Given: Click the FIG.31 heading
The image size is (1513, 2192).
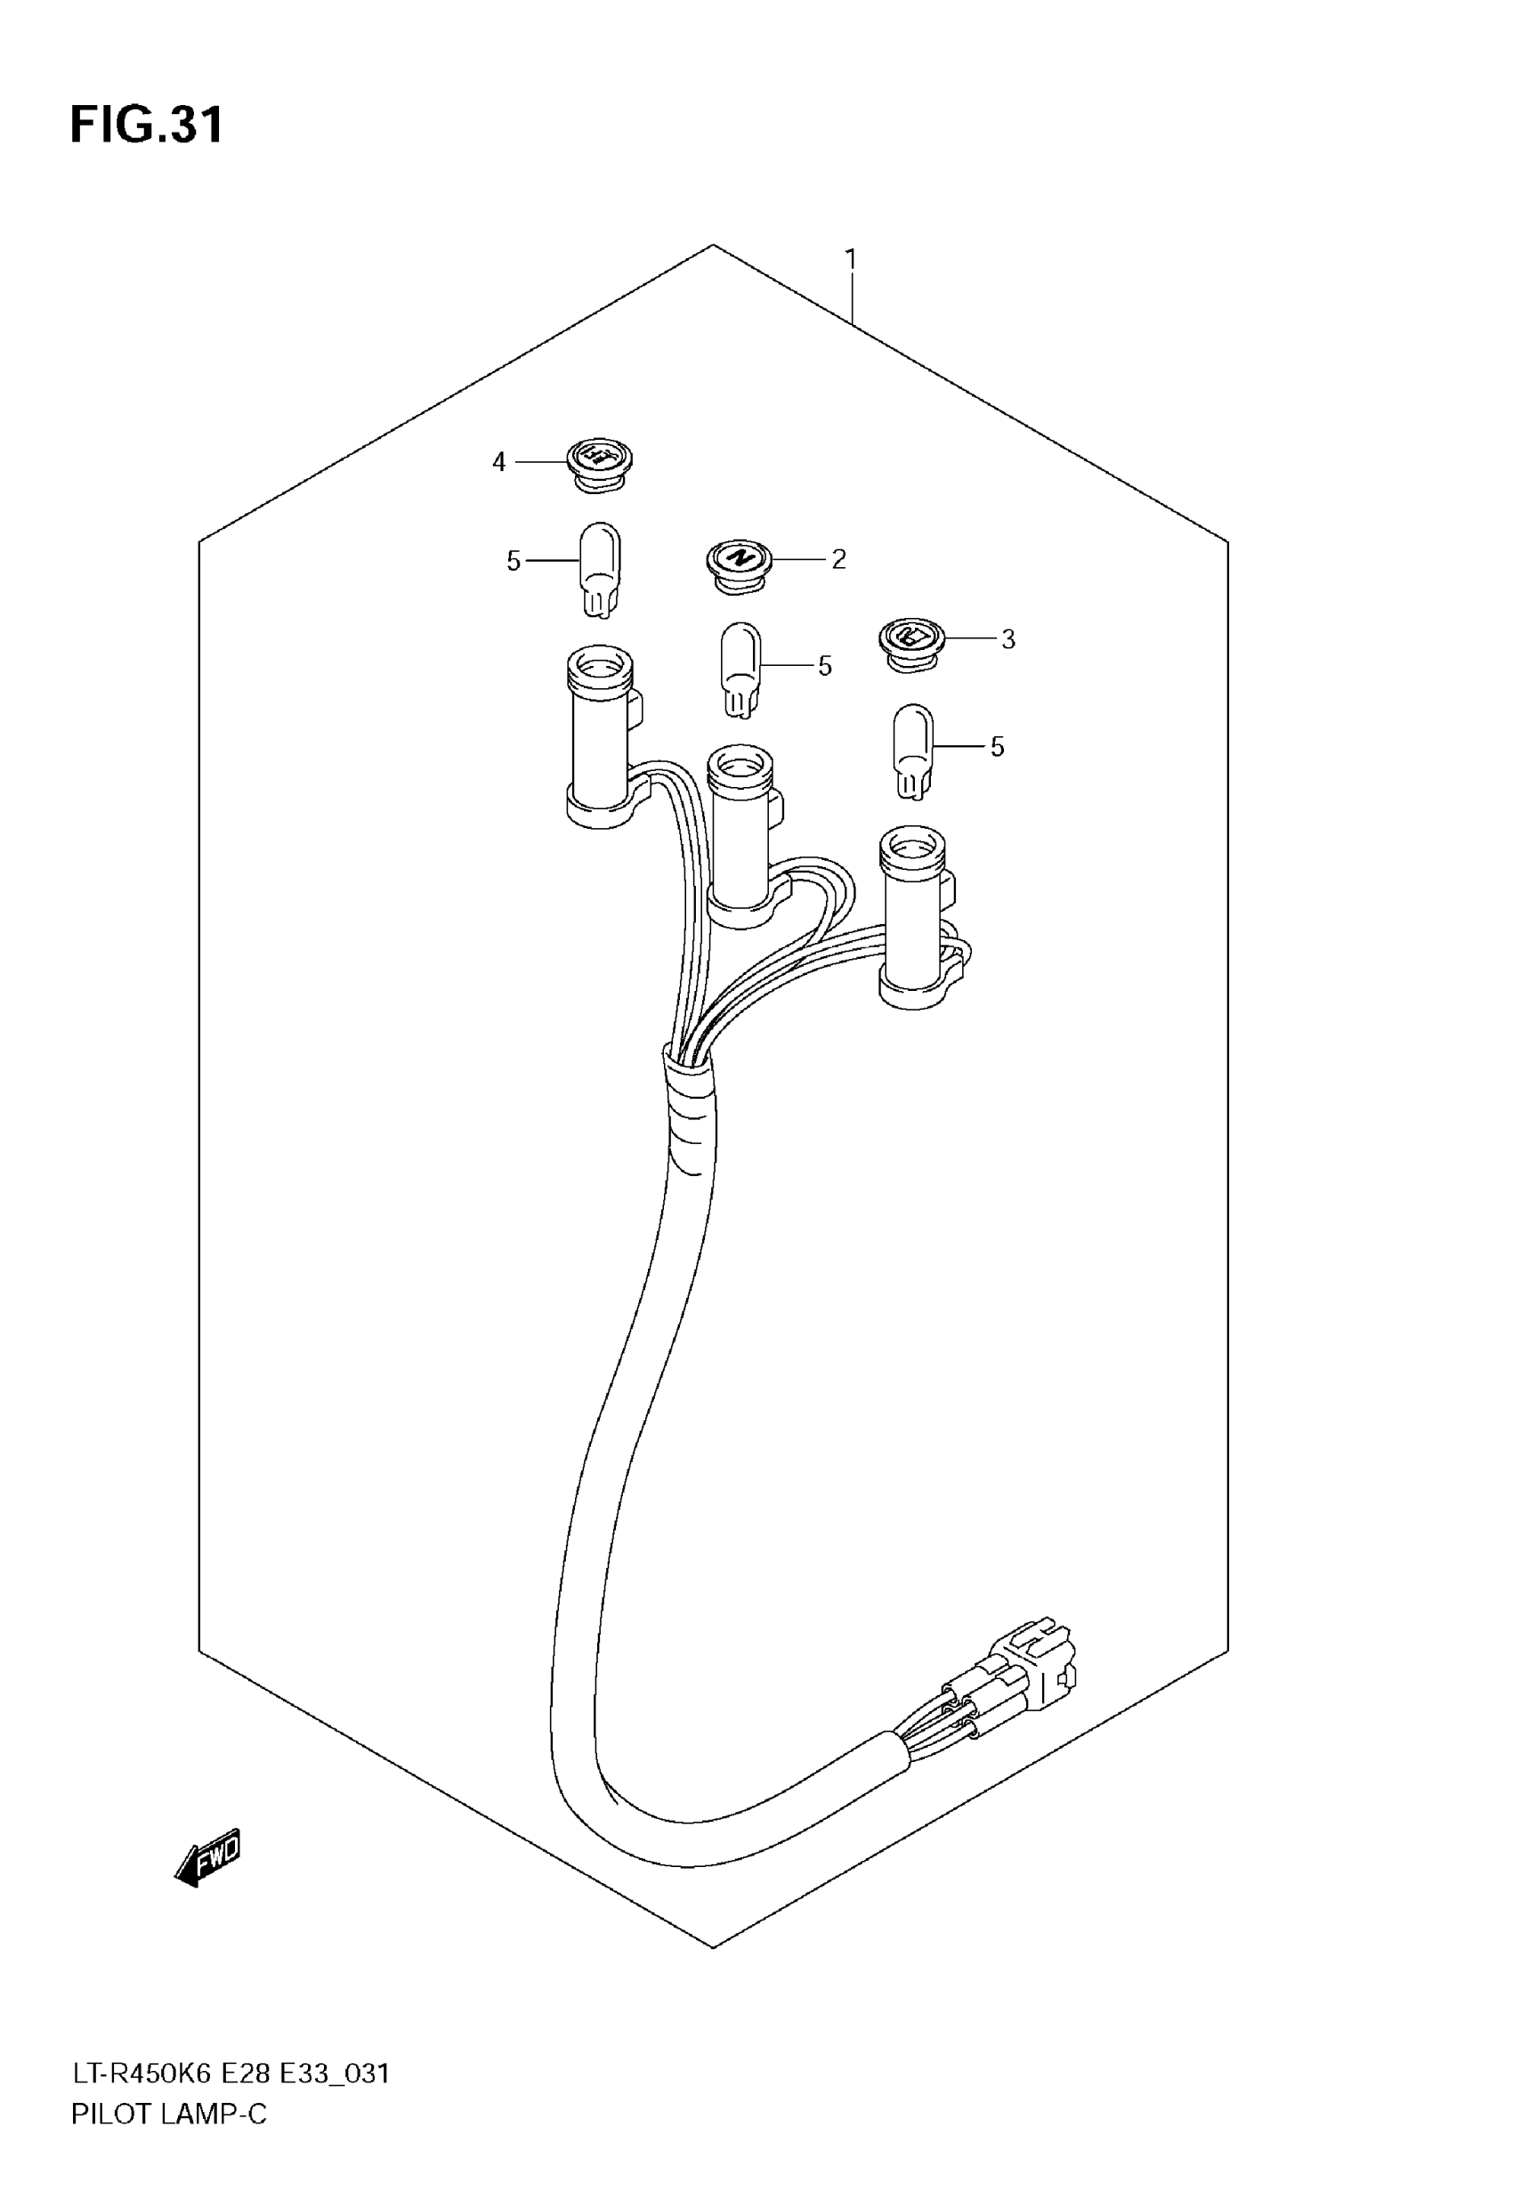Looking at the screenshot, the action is click(147, 126).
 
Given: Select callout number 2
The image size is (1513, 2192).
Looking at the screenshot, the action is click(838, 559).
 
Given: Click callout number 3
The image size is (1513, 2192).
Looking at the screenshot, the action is click(1007, 640).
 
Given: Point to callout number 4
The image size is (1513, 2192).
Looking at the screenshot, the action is click(498, 463).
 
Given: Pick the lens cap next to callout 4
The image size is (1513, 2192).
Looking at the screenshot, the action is click(599, 462).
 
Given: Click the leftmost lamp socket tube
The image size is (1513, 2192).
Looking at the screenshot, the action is click(599, 735).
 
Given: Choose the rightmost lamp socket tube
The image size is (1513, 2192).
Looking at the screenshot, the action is click(914, 915).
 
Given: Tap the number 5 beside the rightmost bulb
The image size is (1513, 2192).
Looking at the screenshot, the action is click(998, 747).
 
